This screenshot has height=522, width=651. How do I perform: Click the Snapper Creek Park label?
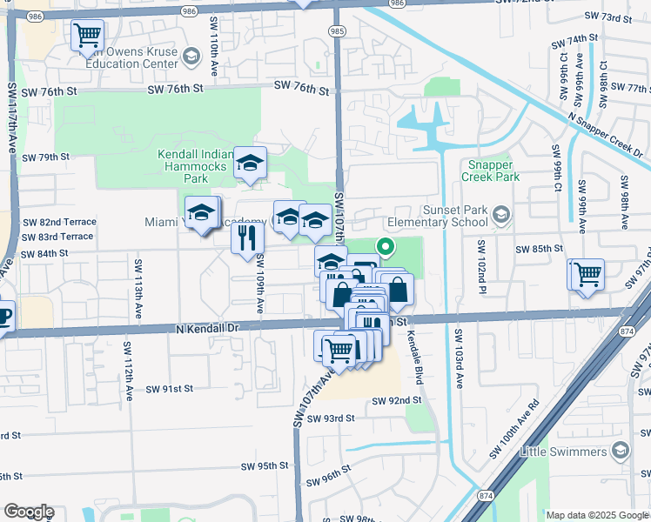coord(493,171)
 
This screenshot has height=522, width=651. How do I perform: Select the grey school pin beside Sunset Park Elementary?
coord(500,214)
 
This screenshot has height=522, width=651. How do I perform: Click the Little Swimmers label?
coord(563,452)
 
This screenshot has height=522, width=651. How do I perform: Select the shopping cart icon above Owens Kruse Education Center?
coord(88,37)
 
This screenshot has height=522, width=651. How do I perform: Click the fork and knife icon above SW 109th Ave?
coord(249,236)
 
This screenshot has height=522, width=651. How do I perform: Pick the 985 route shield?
coord(336,30)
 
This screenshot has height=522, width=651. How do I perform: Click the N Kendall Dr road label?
coord(207,327)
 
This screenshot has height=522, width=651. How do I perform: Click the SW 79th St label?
coord(46,157)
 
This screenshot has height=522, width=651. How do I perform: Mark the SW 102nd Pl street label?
coord(480,264)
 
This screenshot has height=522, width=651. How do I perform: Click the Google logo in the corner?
coord(28,512)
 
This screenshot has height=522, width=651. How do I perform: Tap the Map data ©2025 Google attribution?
coord(596,515)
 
